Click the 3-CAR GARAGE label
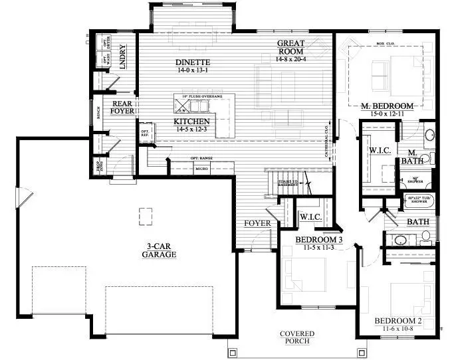[162, 250]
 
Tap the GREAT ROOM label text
[291, 47]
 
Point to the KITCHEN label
[192, 122]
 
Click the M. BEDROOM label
[388, 106]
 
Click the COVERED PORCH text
[297, 337]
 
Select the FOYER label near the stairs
[257, 223]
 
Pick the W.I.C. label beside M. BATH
[379, 151]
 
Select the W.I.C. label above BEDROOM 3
[311, 217]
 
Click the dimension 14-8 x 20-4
[291, 59]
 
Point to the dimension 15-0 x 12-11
[388, 114]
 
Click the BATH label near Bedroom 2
[417, 222]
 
